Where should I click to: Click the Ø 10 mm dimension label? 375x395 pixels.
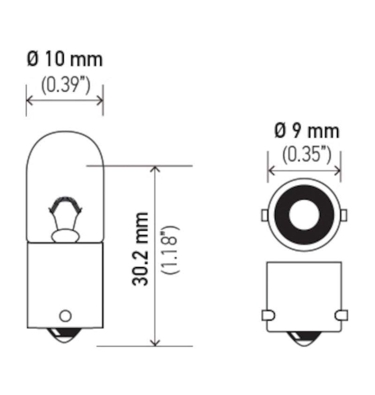click(x=64, y=60)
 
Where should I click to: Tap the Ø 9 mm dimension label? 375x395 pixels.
click(x=306, y=132)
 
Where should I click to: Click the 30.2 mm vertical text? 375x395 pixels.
click(x=141, y=249)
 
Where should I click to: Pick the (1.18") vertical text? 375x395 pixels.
click(x=170, y=250)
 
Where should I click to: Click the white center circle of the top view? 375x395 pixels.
click(x=303, y=215)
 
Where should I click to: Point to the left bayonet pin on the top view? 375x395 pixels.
click(x=264, y=215)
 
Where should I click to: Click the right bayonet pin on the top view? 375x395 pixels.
click(x=343, y=215)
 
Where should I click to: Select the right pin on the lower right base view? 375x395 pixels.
click(x=342, y=315)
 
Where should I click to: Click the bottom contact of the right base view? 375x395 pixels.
click(x=304, y=337)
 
